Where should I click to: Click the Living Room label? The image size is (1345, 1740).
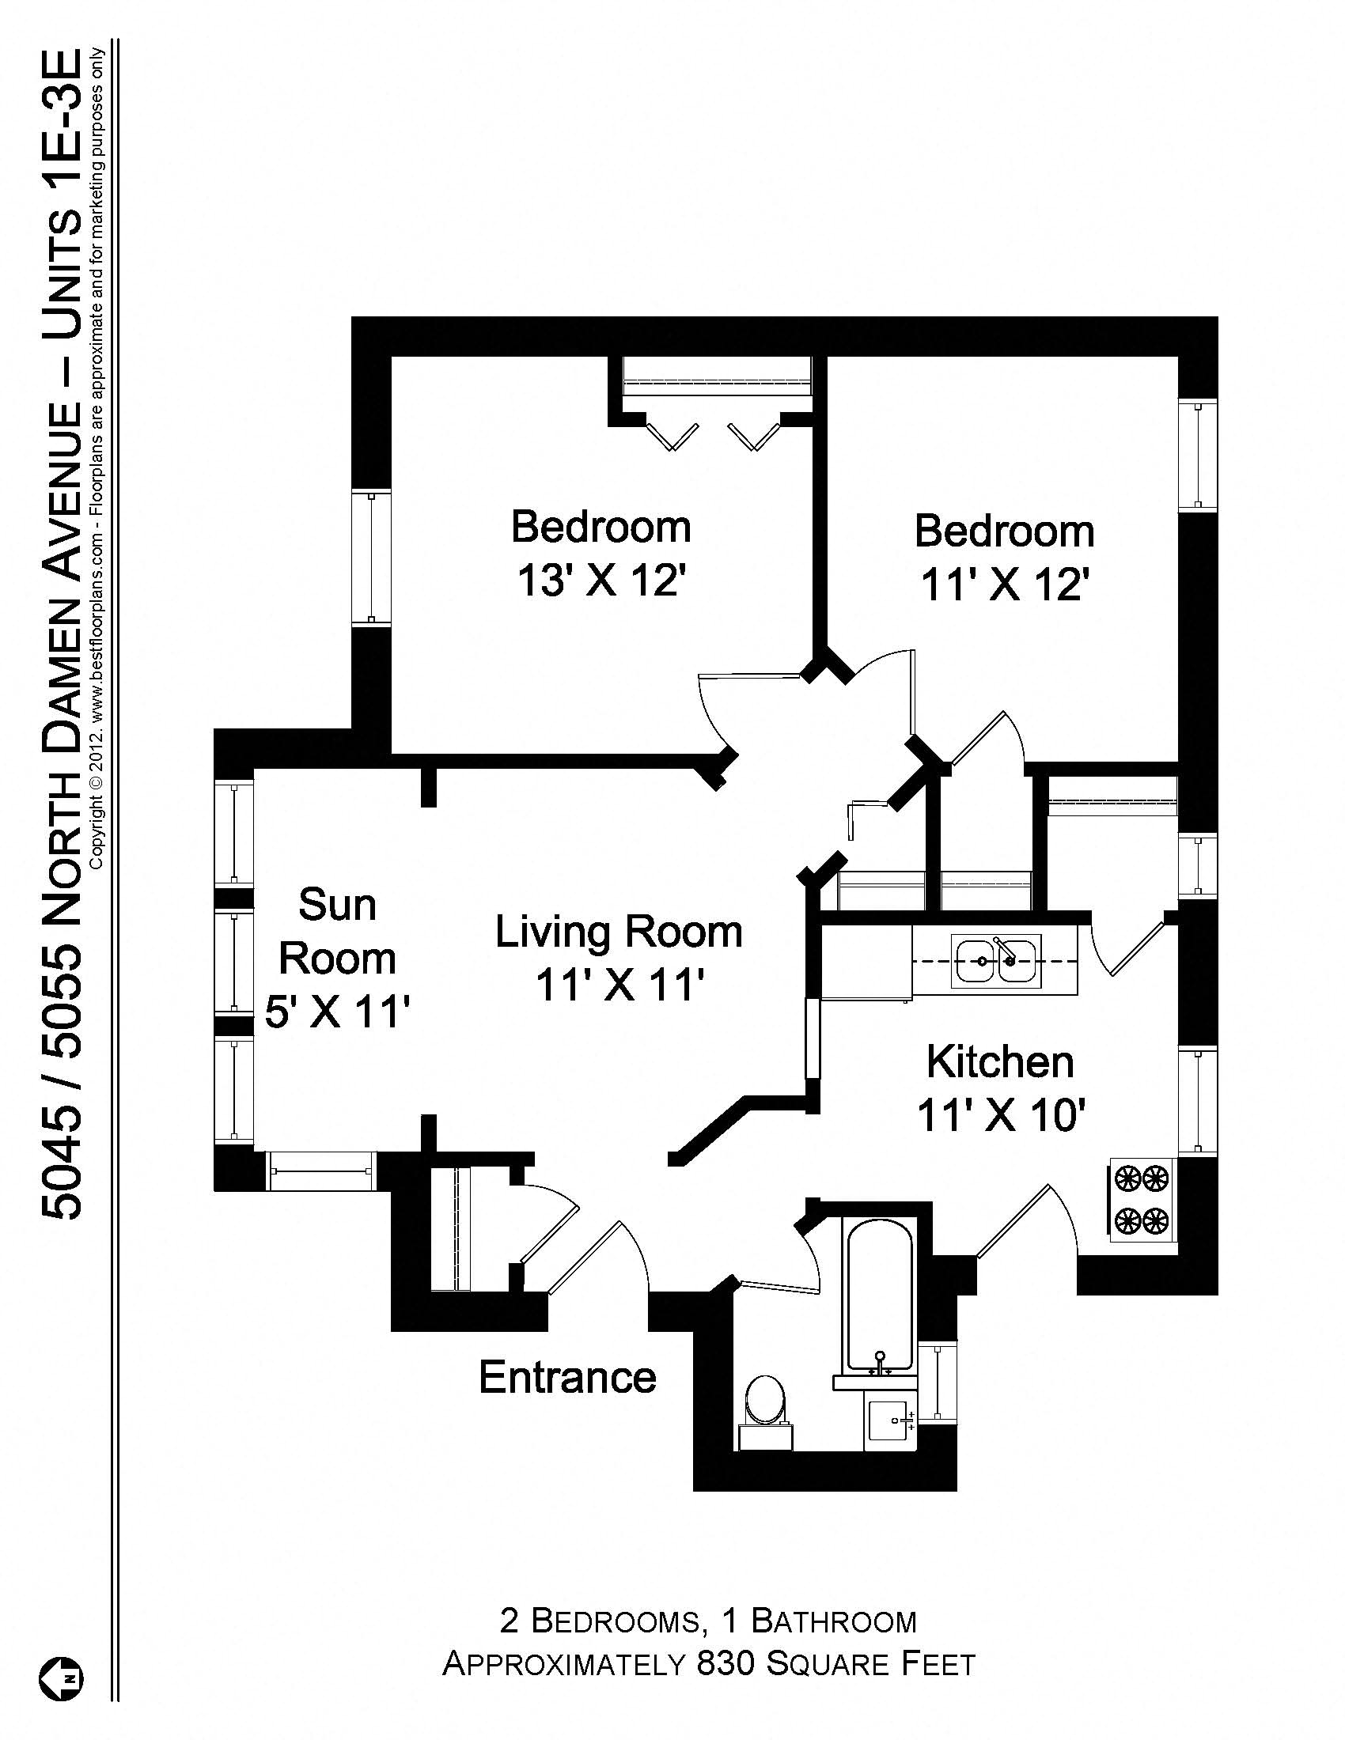point(619,932)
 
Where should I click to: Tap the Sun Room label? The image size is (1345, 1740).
point(336,932)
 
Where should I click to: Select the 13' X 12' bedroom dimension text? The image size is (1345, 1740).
point(601,580)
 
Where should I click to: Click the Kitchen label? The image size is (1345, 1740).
point(1000,1062)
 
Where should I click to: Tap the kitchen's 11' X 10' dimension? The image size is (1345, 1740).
point(1002,1114)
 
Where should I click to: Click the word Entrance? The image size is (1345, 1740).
point(567,1377)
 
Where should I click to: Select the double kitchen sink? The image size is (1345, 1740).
point(997,962)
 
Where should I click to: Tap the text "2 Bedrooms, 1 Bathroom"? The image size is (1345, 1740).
point(708,1621)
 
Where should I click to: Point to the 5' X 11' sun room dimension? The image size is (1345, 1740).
point(336,1013)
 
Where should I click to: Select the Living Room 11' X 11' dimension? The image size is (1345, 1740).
point(619,985)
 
